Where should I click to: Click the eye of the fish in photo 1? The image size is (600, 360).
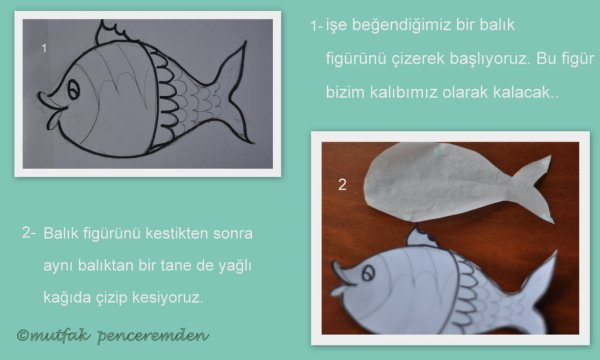tap(74, 90)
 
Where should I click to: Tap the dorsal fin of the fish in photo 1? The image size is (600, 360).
tap(112, 32)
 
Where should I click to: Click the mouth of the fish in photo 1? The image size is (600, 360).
tap(52, 109)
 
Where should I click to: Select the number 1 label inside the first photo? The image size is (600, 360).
tap(44, 48)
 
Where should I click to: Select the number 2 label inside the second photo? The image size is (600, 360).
tap(342, 185)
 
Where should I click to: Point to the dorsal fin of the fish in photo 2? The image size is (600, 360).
tap(421, 237)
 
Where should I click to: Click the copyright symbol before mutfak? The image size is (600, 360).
tap(23, 336)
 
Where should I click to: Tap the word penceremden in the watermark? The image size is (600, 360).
tap(153, 336)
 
